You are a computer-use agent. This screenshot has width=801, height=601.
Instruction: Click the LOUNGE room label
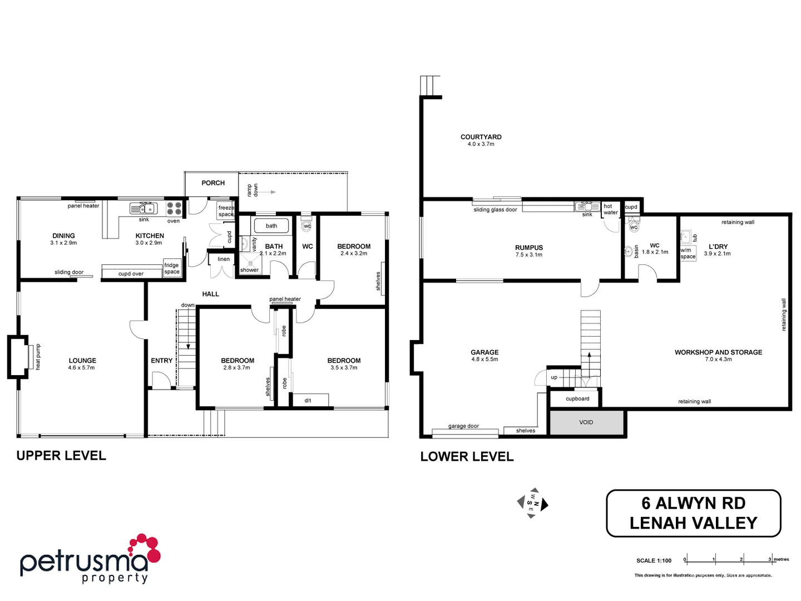point(82,361)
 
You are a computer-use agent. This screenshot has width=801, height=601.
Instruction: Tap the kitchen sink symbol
point(144,209)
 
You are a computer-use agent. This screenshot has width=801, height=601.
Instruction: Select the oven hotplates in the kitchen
point(174,208)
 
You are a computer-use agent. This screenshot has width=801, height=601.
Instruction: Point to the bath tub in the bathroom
point(271,225)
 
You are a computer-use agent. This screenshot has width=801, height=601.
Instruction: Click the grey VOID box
point(586,422)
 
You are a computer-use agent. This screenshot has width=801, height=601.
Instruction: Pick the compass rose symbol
point(532,503)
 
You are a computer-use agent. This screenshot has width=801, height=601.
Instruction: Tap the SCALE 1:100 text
point(654,560)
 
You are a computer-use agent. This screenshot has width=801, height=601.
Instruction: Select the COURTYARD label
point(481,137)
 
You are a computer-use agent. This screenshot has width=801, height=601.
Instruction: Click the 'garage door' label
point(463,426)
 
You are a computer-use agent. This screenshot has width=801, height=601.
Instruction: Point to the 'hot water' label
point(610,209)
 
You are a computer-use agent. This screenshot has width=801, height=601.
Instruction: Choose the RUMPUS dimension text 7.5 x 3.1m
point(528,255)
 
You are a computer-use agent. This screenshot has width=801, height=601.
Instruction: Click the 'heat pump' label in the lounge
point(38,357)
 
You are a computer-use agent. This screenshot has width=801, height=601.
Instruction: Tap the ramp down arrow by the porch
point(265,192)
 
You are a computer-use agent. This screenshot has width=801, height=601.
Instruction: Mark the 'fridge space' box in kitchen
point(172,268)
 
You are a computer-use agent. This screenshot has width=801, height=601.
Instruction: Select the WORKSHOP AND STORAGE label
point(718,352)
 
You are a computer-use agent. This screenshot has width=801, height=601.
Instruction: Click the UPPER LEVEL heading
point(61,456)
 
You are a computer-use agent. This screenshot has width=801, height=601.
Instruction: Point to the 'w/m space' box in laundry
point(688,253)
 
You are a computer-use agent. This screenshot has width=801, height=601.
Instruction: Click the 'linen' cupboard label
point(224,259)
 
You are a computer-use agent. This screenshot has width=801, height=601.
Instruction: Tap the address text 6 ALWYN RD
point(693,503)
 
